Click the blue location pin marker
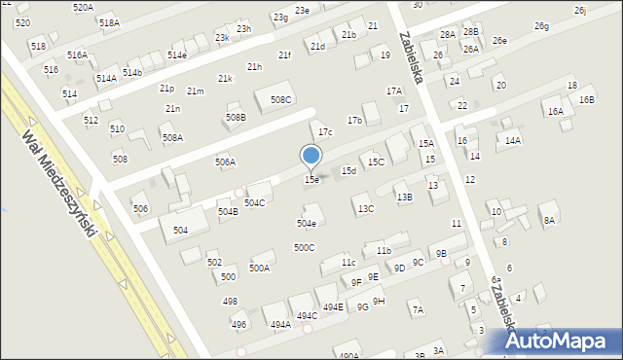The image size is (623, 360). click(x=311, y=156)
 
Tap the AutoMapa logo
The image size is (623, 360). click(x=559, y=340)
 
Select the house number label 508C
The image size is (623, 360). click(x=281, y=99)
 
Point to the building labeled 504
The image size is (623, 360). click(x=181, y=230)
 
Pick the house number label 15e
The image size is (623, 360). click(x=311, y=179)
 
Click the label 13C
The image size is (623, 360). click(x=365, y=208)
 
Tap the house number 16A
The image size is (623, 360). click(x=555, y=112)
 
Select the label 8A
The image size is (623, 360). click(x=549, y=220)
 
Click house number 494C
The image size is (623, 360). click(x=307, y=315)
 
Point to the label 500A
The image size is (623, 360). click(x=259, y=268)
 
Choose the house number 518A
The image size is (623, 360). click(x=109, y=22)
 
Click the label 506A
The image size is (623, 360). click(x=225, y=162)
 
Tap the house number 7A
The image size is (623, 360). click(x=417, y=310)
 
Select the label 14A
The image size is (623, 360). click(x=512, y=140)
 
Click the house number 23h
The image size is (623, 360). click(x=243, y=29)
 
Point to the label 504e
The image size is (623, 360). click(x=306, y=223)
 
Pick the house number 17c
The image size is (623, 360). click(x=326, y=132)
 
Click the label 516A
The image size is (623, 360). click(x=77, y=55)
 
